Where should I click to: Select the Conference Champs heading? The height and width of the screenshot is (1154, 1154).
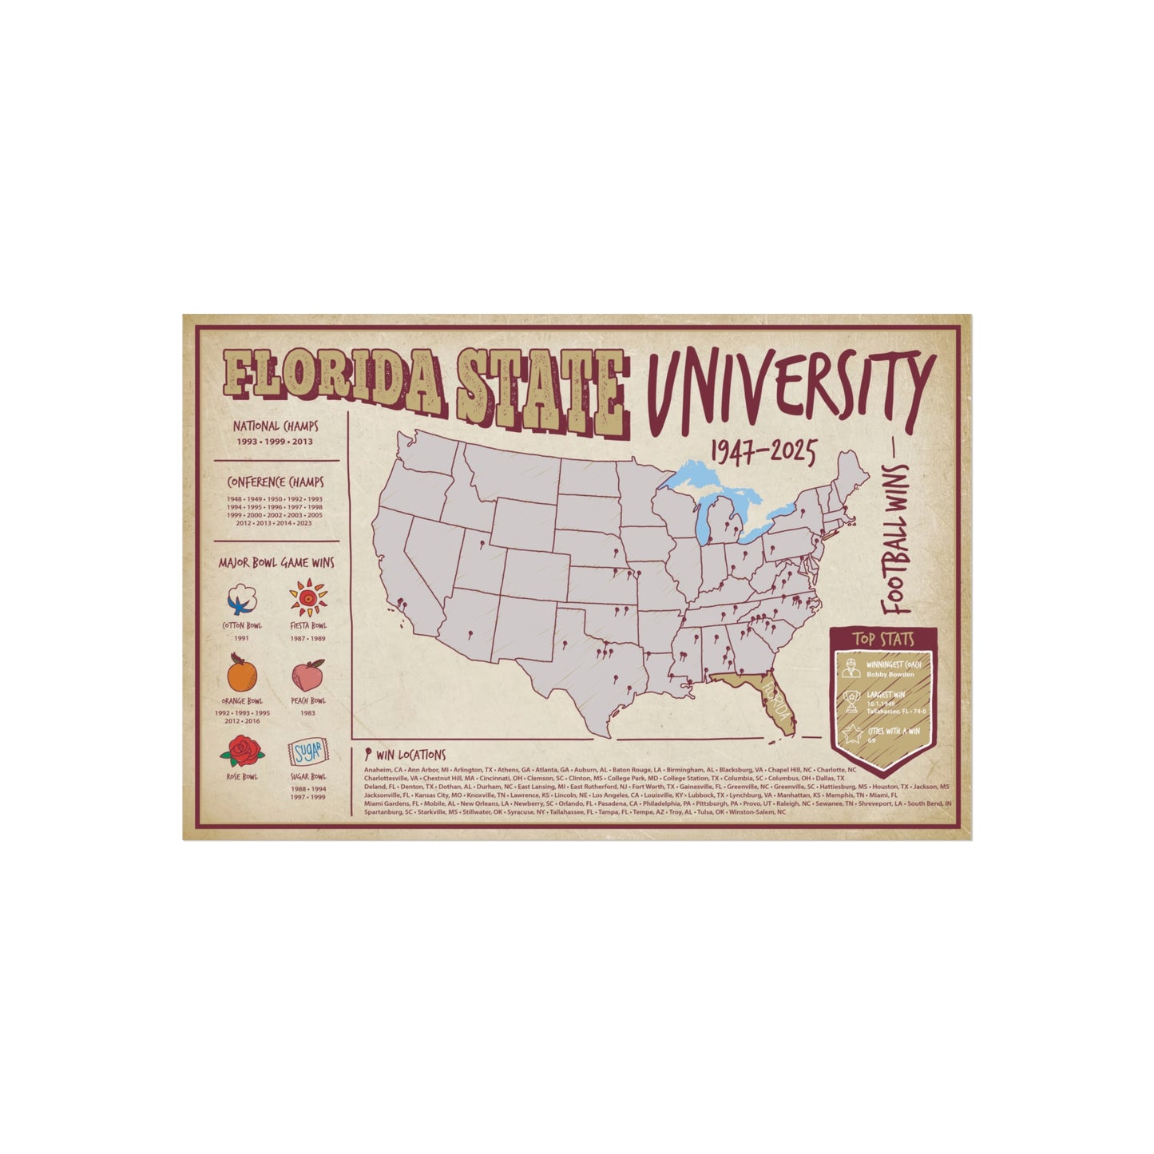275,482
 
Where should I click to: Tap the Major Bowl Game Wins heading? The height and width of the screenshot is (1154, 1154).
276,562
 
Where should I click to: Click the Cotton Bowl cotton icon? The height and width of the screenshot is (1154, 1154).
241,597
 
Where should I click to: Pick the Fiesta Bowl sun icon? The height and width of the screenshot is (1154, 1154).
308,597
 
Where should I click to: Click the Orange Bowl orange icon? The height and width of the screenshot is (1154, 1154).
242,673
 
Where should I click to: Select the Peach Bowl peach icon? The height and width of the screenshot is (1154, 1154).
308,675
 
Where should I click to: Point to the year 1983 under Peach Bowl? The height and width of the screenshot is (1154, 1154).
308,713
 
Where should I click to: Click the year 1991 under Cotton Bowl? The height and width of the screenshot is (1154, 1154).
241,637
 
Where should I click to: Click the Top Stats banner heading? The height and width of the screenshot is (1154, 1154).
882,639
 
